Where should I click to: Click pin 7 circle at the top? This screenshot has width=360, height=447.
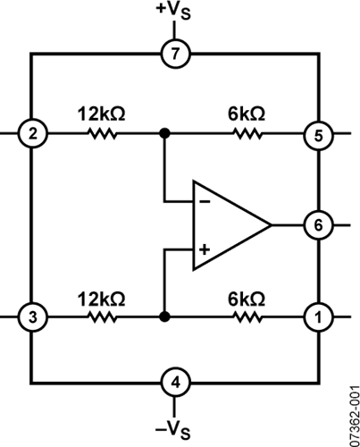point(175,54)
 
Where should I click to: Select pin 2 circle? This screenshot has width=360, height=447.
point(32,134)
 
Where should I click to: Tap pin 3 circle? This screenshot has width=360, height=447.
point(32,317)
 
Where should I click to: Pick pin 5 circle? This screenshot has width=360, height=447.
point(318,136)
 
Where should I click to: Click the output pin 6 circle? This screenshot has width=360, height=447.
point(318,225)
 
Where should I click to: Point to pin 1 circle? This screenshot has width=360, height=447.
point(318,317)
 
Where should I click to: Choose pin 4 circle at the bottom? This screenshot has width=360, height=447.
point(175,383)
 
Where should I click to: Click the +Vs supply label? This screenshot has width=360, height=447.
point(173,12)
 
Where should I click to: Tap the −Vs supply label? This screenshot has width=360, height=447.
point(172,430)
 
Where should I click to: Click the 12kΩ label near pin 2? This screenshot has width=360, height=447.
point(102,114)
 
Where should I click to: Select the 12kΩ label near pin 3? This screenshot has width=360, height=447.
point(102,299)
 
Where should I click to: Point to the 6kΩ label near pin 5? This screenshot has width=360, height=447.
point(247,114)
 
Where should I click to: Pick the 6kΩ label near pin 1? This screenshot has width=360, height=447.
point(247,299)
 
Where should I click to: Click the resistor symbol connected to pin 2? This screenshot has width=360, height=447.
point(103,134)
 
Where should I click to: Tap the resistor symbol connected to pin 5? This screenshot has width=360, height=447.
point(248,134)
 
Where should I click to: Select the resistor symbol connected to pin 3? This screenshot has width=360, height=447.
point(103,317)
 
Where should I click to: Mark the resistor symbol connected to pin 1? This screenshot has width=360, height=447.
point(248,317)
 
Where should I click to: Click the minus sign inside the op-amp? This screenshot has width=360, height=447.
point(205,202)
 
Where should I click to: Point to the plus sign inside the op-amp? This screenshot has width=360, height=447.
point(205,249)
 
